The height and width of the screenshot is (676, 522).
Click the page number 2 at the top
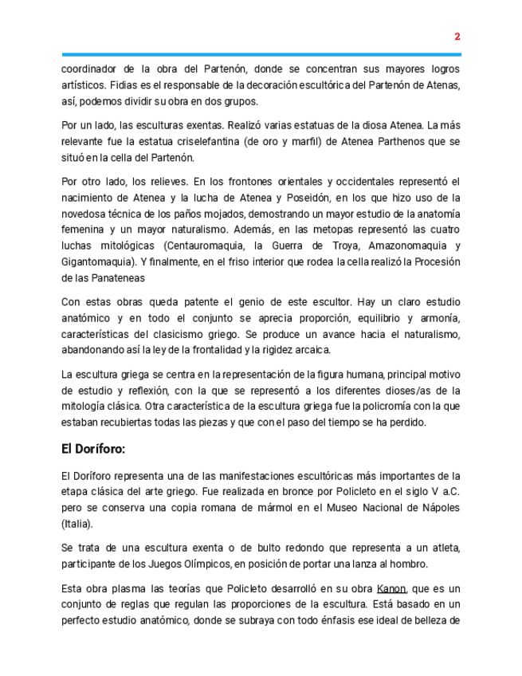(x=457, y=37)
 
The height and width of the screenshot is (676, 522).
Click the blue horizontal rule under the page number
(x=261, y=54)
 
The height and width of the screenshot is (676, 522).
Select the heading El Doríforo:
(x=93, y=449)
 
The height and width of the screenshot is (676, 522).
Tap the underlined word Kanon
(x=391, y=588)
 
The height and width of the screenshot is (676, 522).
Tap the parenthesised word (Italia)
(x=77, y=524)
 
